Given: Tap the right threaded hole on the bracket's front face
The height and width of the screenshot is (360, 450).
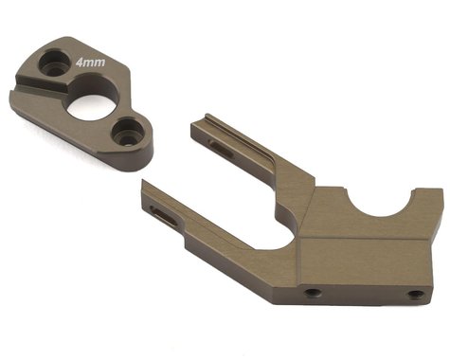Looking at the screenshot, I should tap(414, 295).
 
